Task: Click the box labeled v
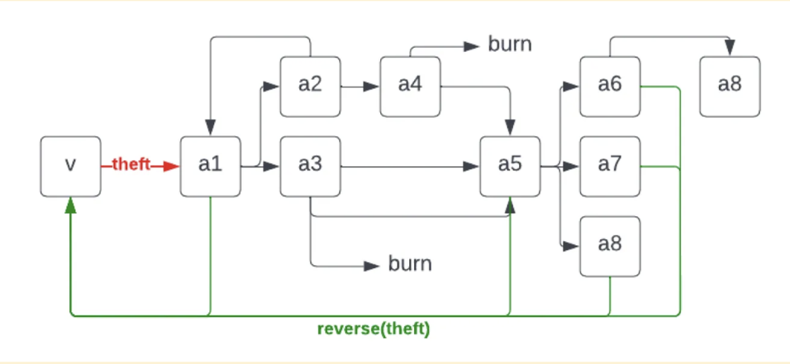pos(70,166)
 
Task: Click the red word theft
pos(131,164)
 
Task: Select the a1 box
pos(210,166)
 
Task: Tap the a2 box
pos(310,87)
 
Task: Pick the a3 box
pos(310,166)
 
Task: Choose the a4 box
pos(410,87)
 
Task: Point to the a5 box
pos(510,166)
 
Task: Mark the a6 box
pos(610,87)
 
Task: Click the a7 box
pos(610,166)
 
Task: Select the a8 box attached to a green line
pos(610,247)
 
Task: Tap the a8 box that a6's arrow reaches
pos(730,87)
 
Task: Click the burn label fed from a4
pos(510,44)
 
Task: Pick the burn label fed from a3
pos(410,264)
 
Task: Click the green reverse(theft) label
pos(374,329)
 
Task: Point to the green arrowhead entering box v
pos(70,205)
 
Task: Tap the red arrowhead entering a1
pos(172,166)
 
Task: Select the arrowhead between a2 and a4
pos(371,87)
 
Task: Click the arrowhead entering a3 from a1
pos(271,166)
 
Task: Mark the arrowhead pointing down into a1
pos(210,127)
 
